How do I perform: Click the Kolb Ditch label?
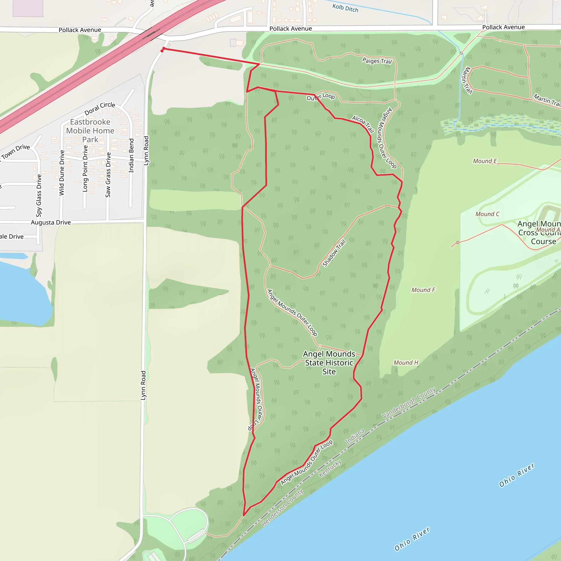[x=345, y=8]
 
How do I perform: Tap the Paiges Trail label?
[x=377, y=61]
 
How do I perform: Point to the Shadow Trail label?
[x=334, y=253]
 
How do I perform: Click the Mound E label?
[x=485, y=161]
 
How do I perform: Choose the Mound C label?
[x=487, y=214]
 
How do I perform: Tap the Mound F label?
[x=423, y=290]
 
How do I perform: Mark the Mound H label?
[x=406, y=362]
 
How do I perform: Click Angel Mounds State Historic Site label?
[x=329, y=363]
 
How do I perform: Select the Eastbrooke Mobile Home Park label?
[x=90, y=131]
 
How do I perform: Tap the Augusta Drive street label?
[x=51, y=222]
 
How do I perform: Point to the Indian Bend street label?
[x=131, y=156]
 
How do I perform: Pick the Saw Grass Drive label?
[x=108, y=175]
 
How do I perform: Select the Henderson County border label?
[x=282, y=508]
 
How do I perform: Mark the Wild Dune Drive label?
[x=62, y=173]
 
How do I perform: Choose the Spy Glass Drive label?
[x=39, y=195]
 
